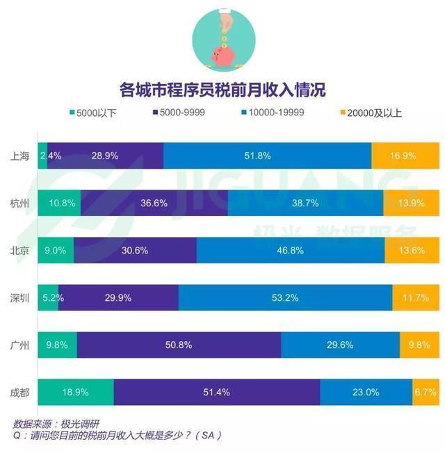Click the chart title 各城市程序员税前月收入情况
[x=222, y=90]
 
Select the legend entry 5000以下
[x=94, y=113]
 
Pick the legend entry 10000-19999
[x=271, y=113]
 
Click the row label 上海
[x=19, y=156]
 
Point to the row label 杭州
[x=19, y=204]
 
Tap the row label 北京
[x=19, y=250]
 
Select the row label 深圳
[x=19, y=297]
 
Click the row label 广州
[x=19, y=345]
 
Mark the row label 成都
[x=19, y=392]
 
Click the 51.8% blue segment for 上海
[x=267, y=156]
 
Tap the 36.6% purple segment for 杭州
[x=154, y=204]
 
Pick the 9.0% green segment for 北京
[x=56, y=250]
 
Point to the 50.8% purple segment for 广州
[x=179, y=345]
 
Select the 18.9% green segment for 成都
[x=75, y=392]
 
